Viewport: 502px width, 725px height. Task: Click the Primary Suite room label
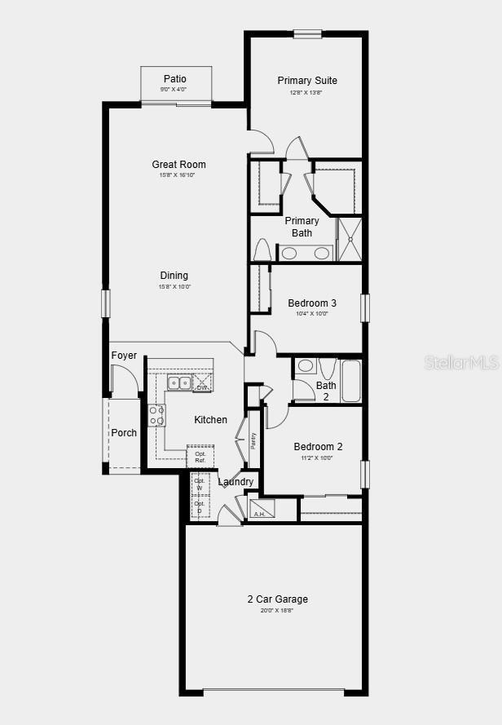[307, 80]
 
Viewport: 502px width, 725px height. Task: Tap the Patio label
[175, 79]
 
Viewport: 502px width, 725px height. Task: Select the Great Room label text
[178, 165]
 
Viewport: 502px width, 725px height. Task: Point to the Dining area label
[174, 276]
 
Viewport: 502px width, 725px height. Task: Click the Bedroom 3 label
[312, 303]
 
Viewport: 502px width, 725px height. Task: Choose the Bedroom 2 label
[318, 447]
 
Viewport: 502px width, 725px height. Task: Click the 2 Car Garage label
[278, 599]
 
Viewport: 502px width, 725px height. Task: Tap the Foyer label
[124, 356]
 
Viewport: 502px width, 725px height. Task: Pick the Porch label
[124, 433]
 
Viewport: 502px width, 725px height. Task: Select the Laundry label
[236, 482]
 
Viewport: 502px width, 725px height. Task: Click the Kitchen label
[210, 420]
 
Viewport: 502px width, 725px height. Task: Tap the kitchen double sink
[179, 382]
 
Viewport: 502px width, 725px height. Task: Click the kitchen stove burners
[156, 415]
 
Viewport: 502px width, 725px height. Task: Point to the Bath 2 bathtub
[350, 382]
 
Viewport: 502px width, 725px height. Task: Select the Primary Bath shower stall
[349, 238]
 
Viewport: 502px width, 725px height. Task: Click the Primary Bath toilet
[262, 250]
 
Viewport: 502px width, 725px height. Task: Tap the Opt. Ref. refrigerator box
[200, 457]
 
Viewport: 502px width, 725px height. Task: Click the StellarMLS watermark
[460, 362]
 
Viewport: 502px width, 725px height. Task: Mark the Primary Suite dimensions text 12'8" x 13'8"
[306, 92]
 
